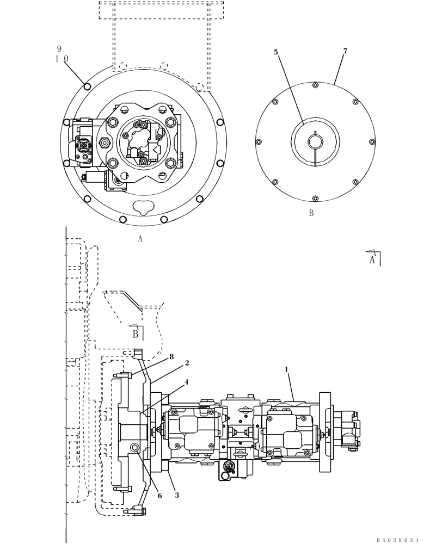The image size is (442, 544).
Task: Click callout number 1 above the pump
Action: [286, 369]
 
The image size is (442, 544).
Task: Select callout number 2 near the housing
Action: [187, 362]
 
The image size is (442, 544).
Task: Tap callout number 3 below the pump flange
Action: [177, 495]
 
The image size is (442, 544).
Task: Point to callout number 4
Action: [186, 382]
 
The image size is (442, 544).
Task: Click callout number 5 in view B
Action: [276, 52]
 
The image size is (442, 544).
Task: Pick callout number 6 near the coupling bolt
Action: [159, 495]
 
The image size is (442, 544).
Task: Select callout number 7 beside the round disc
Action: [345, 51]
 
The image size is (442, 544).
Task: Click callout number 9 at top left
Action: [59, 48]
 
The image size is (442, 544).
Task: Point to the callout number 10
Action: [61, 59]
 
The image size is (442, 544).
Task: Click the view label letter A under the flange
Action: [140, 238]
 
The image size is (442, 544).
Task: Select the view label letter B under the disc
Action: [311, 213]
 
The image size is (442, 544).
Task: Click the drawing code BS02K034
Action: [397, 540]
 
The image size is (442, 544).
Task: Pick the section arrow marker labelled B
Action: [136, 333]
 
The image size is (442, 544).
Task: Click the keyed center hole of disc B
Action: [315, 143]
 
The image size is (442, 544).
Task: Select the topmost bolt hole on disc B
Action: [316, 84]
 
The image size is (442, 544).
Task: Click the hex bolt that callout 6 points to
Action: [134, 448]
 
